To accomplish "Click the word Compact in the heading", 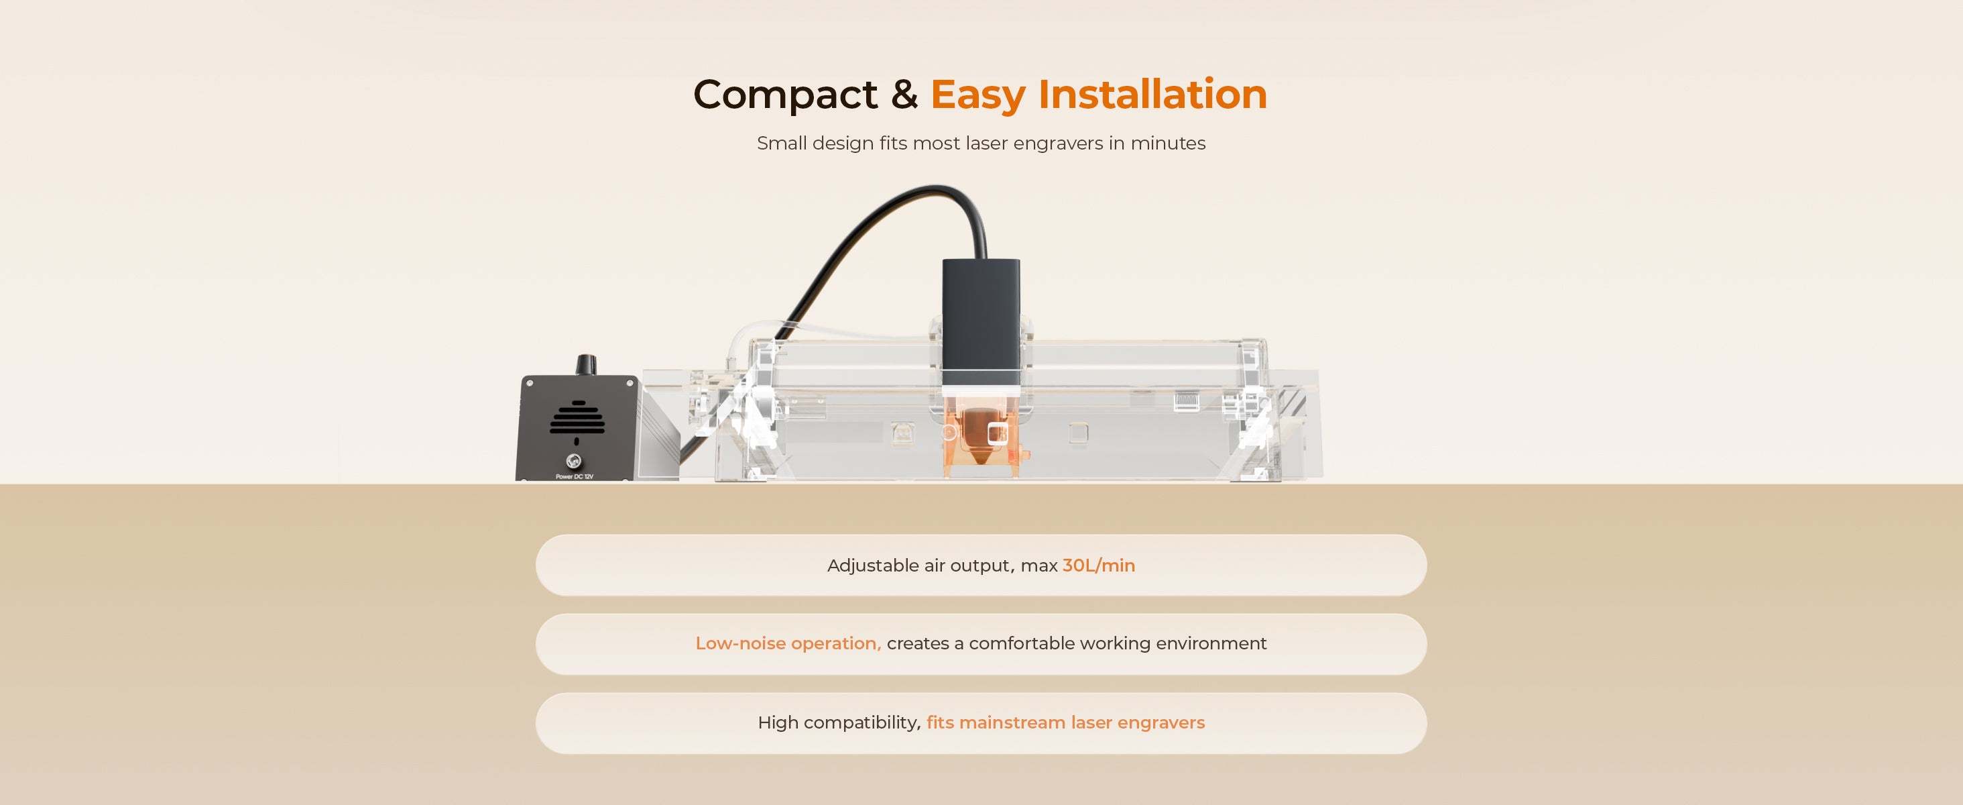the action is point(785,95).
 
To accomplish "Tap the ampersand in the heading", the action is point(904,94).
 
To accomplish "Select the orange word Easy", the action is point(977,96).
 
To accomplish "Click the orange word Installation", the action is point(1152,94).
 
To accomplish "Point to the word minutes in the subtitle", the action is point(1167,144).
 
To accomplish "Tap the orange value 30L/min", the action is point(1099,566).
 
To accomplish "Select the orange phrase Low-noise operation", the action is point(788,643).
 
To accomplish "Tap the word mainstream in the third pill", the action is point(1012,722).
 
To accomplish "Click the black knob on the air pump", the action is point(585,364).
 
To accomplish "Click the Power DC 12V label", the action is point(575,476).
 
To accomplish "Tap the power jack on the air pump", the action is point(574,460).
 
